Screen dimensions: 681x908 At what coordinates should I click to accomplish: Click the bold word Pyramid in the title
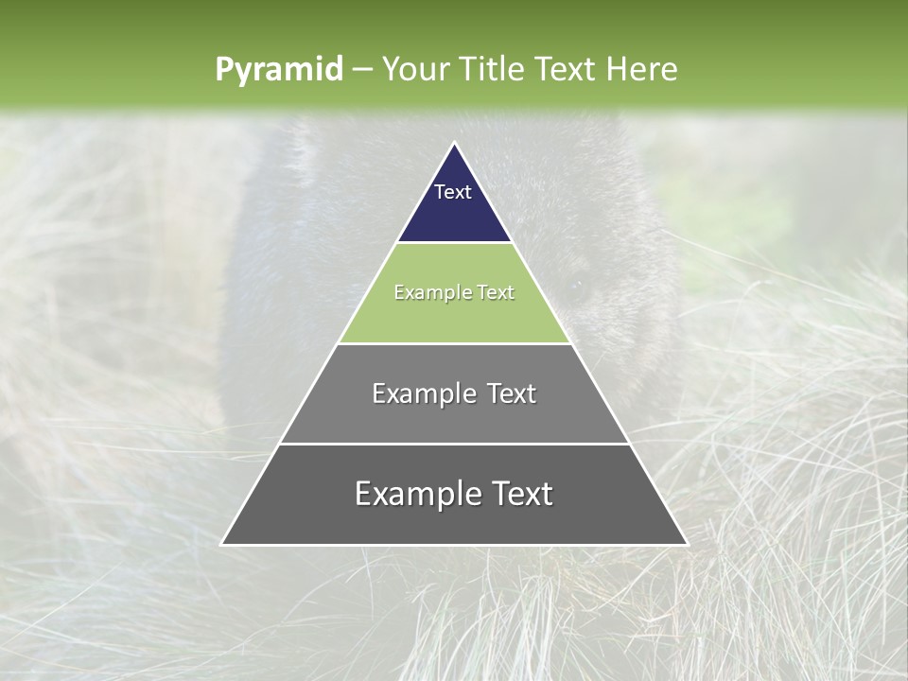coord(278,70)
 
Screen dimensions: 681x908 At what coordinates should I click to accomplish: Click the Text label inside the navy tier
coord(453,192)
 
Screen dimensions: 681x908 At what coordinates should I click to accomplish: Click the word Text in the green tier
coord(496,293)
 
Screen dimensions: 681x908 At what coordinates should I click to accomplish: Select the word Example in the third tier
coord(423,393)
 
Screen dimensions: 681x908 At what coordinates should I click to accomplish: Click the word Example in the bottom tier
coord(415,494)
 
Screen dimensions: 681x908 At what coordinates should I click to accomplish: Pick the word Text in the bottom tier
coord(519,494)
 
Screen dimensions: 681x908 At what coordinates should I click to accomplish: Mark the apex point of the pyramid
coord(454,144)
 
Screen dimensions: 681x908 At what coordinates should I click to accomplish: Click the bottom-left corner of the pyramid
coord(222,544)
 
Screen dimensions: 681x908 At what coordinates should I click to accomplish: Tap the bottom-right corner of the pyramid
coord(686,544)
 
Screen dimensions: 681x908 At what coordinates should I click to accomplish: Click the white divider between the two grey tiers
coord(454,444)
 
